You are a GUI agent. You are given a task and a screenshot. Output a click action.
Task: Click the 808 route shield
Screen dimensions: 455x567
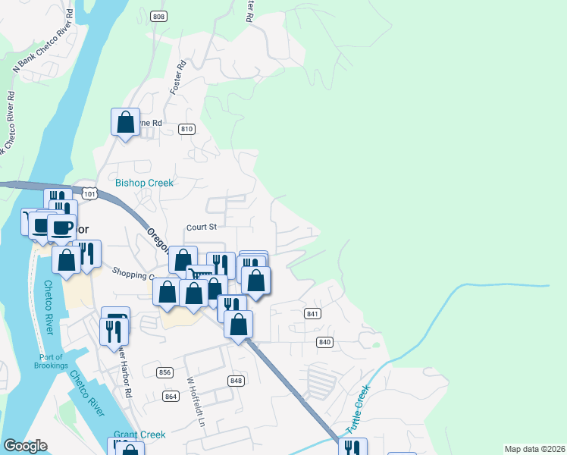158,16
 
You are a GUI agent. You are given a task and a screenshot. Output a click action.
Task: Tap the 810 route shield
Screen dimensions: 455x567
186,130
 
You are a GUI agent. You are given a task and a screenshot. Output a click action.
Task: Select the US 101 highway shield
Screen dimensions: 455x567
90,194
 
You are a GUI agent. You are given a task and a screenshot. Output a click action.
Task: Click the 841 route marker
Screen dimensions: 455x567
313,313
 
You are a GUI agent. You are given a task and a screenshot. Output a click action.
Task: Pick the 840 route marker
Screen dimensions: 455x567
325,342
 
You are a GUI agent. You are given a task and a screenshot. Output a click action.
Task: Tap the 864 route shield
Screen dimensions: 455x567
171,397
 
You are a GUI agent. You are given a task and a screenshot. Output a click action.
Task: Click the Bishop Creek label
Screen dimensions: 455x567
144,183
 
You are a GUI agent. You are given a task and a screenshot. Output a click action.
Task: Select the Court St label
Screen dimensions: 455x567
202,227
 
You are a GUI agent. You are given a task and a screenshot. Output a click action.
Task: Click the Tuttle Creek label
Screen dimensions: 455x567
358,409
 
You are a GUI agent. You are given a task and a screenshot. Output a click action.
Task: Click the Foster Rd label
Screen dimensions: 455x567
178,79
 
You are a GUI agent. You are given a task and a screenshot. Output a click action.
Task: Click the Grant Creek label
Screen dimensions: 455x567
139,435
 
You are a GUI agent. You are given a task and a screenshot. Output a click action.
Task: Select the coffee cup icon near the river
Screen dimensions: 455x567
62,227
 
